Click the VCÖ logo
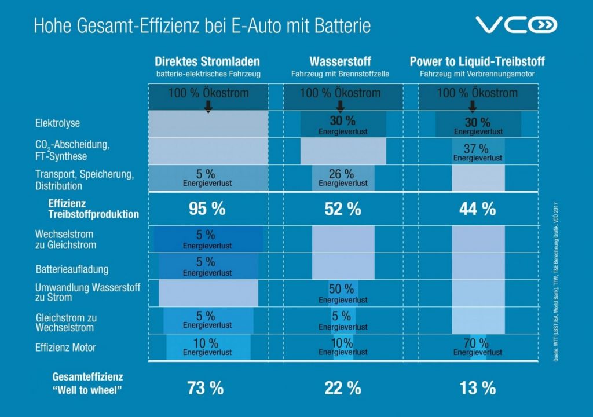(516, 25)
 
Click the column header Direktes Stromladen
(207, 61)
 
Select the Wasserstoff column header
(340, 61)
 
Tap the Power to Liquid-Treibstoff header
(477, 61)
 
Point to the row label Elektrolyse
(57, 123)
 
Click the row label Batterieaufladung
(71, 269)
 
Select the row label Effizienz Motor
(65, 348)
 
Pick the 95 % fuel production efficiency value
(207, 209)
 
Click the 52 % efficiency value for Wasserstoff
(342, 209)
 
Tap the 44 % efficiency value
(477, 209)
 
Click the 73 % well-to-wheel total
(205, 388)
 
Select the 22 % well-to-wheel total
(342, 388)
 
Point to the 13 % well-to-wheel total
(477, 388)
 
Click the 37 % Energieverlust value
(477, 149)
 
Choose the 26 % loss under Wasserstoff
(342, 174)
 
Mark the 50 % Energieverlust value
(342, 289)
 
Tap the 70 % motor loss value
(477, 342)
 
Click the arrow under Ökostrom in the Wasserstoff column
(341, 106)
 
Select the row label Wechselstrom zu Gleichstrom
(65, 240)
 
